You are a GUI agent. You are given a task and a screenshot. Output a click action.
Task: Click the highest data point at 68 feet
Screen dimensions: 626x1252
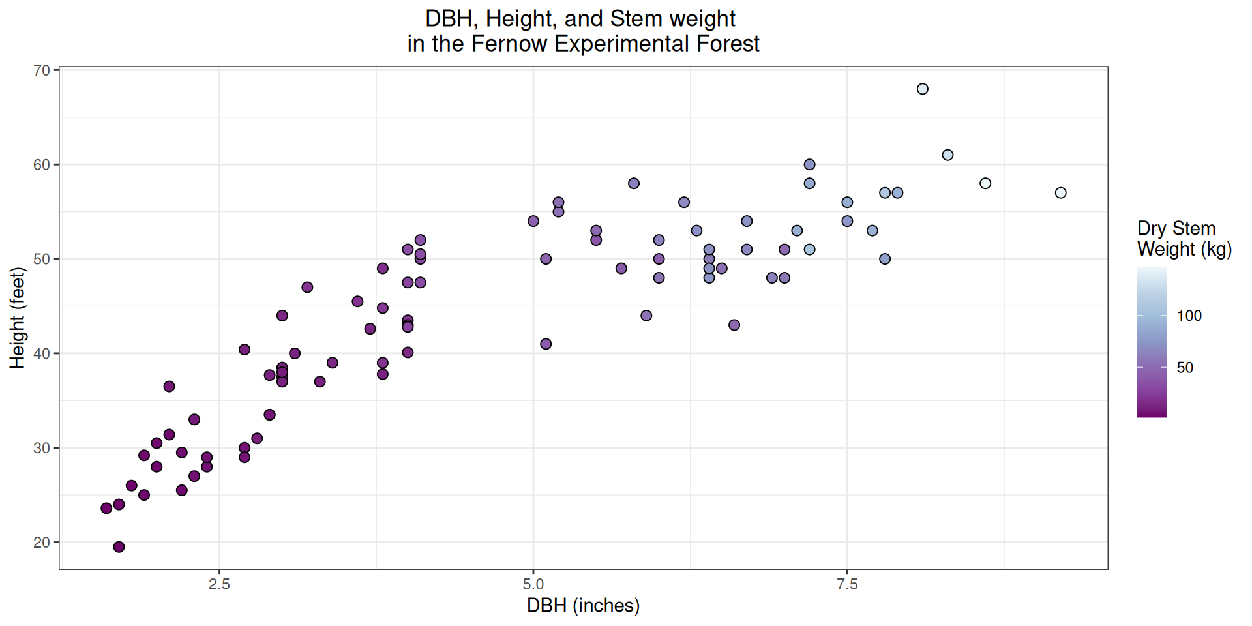[x=922, y=89]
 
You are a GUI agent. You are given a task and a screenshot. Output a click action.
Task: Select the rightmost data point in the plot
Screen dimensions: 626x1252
[x=1060, y=193]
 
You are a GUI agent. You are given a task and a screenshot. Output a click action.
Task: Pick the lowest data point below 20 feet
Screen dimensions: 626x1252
[x=119, y=547]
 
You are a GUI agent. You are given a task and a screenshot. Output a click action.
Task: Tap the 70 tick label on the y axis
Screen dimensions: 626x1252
[x=42, y=70]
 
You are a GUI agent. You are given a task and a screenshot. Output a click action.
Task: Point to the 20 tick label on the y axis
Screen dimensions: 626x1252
[x=42, y=543]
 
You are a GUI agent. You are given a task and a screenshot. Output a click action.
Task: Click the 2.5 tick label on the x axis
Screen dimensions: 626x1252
[x=219, y=584]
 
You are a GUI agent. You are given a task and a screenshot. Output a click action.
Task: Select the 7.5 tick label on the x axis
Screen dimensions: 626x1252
[x=847, y=584]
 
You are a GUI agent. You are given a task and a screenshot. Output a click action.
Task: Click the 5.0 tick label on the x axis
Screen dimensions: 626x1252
[x=533, y=584]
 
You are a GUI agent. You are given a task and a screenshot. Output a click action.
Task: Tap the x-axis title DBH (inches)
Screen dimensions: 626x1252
[x=583, y=606]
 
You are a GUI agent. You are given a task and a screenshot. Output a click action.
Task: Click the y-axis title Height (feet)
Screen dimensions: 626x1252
[x=18, y=318]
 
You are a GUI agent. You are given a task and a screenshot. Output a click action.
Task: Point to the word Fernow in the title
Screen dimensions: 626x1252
[x=509, y=44]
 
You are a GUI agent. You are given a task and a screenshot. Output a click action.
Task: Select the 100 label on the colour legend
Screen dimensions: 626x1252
[x=1189, y=316]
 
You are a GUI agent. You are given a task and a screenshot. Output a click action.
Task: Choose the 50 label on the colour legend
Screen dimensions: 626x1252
[x=1185, y=368]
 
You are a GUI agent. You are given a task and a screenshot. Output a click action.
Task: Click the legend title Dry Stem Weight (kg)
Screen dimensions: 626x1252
[x=1184, y=239]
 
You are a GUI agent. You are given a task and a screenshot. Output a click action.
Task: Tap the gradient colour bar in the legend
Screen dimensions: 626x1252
[x=1152, y=342]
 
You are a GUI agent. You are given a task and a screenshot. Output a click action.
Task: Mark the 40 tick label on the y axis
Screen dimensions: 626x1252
[x=42, y=353]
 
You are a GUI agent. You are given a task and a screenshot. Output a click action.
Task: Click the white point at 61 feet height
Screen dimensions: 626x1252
[x=947, y=155]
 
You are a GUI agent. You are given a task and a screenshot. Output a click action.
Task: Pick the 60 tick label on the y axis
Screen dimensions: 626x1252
[x=42, y=165]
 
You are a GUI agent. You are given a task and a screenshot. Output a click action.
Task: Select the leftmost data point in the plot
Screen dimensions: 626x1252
[x=106, y=508]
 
